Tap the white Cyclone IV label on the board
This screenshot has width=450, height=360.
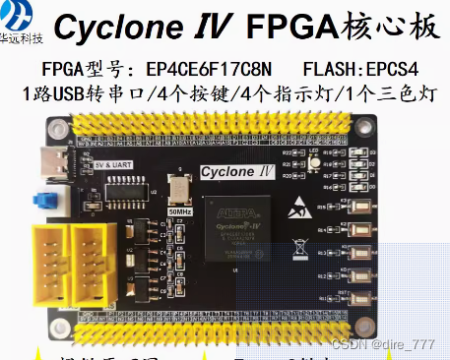click(235, 173)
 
